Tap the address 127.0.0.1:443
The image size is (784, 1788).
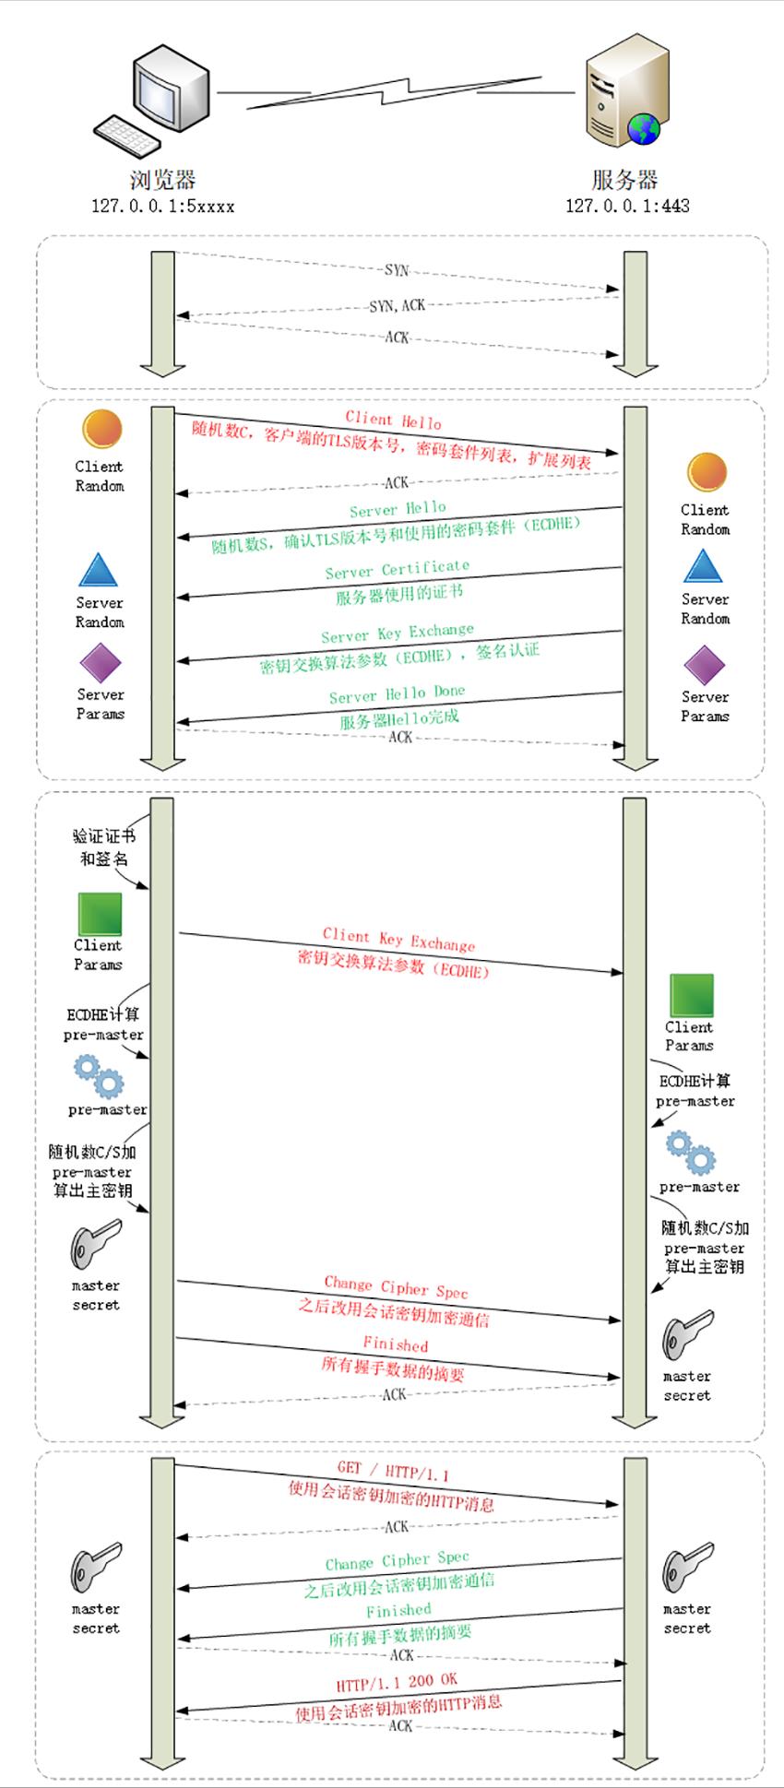(x=627, y=206)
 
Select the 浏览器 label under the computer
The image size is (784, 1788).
(x=163, y=179)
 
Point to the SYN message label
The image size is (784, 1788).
(x=397, y=270)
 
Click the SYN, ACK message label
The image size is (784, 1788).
(x=398, y=305)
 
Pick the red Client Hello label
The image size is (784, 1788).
(x=394, y=420)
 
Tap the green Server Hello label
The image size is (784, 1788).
(x=398, y=509)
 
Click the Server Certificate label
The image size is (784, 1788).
(x=398, y=570)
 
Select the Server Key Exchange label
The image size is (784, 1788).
(x=398, y=633)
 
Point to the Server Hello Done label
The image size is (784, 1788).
(x=398, y=694)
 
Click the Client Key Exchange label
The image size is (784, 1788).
(x=398, y=940)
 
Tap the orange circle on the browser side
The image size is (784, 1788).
(x=101, y=430)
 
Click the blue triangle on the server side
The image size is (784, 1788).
(x=704, y=566)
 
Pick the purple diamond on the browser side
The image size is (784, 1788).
(x=101, y=663)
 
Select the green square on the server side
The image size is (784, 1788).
(x=691, y=995)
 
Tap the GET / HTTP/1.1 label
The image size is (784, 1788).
(x=393, y=1470)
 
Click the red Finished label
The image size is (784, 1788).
(x=396, y=1344)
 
